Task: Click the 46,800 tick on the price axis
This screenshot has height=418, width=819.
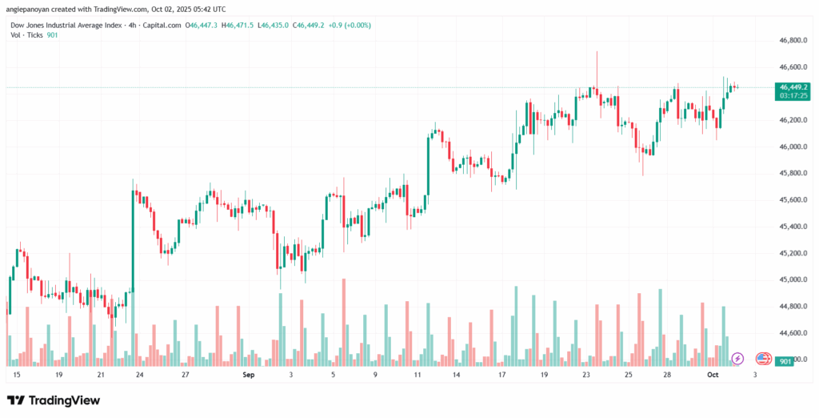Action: [x=791, y=40]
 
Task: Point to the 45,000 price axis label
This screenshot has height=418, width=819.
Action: [x=791, y=279]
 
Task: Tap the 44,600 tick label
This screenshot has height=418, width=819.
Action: [x=791, y=332]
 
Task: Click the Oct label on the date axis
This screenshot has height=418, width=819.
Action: [x=713, y=374]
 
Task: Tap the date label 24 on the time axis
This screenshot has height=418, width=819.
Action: [x=140, y=374]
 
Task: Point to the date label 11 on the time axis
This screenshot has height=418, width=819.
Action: [x=417, y=374]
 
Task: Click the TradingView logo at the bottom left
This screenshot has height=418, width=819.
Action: [x=54, y=400]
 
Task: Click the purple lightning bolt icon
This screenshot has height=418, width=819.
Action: [x=738, y=358]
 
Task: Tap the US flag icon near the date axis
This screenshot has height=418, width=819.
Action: [x=763, y=358]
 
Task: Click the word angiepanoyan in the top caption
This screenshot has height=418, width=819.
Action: [x=31, y=8]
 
